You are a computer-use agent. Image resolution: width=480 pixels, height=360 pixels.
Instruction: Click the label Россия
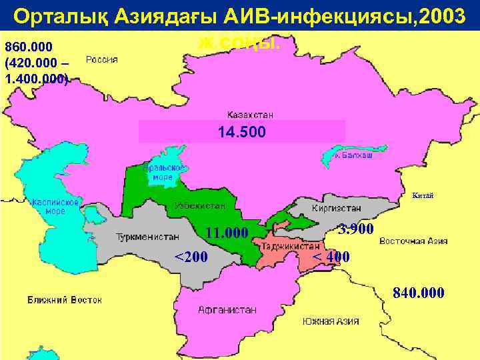click(102, 59)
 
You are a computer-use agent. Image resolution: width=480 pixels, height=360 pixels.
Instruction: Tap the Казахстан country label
click(250, 115)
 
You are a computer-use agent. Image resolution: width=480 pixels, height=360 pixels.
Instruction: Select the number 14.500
click(241, 132)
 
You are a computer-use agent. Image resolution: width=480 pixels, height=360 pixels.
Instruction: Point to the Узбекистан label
click(200, 206)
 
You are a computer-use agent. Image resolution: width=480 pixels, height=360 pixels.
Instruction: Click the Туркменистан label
click(148, 237)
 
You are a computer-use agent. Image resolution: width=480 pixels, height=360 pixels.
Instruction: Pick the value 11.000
click(227, 233)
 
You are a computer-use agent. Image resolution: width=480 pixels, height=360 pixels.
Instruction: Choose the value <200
click(191, 257)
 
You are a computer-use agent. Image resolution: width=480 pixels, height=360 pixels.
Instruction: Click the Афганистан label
click(227, 310)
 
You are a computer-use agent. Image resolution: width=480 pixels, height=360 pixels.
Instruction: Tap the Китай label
click(423, 195)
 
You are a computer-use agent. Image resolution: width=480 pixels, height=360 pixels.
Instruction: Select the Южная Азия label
click(330, 321)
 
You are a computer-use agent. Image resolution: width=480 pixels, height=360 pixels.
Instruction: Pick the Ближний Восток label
click(65, 300)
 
